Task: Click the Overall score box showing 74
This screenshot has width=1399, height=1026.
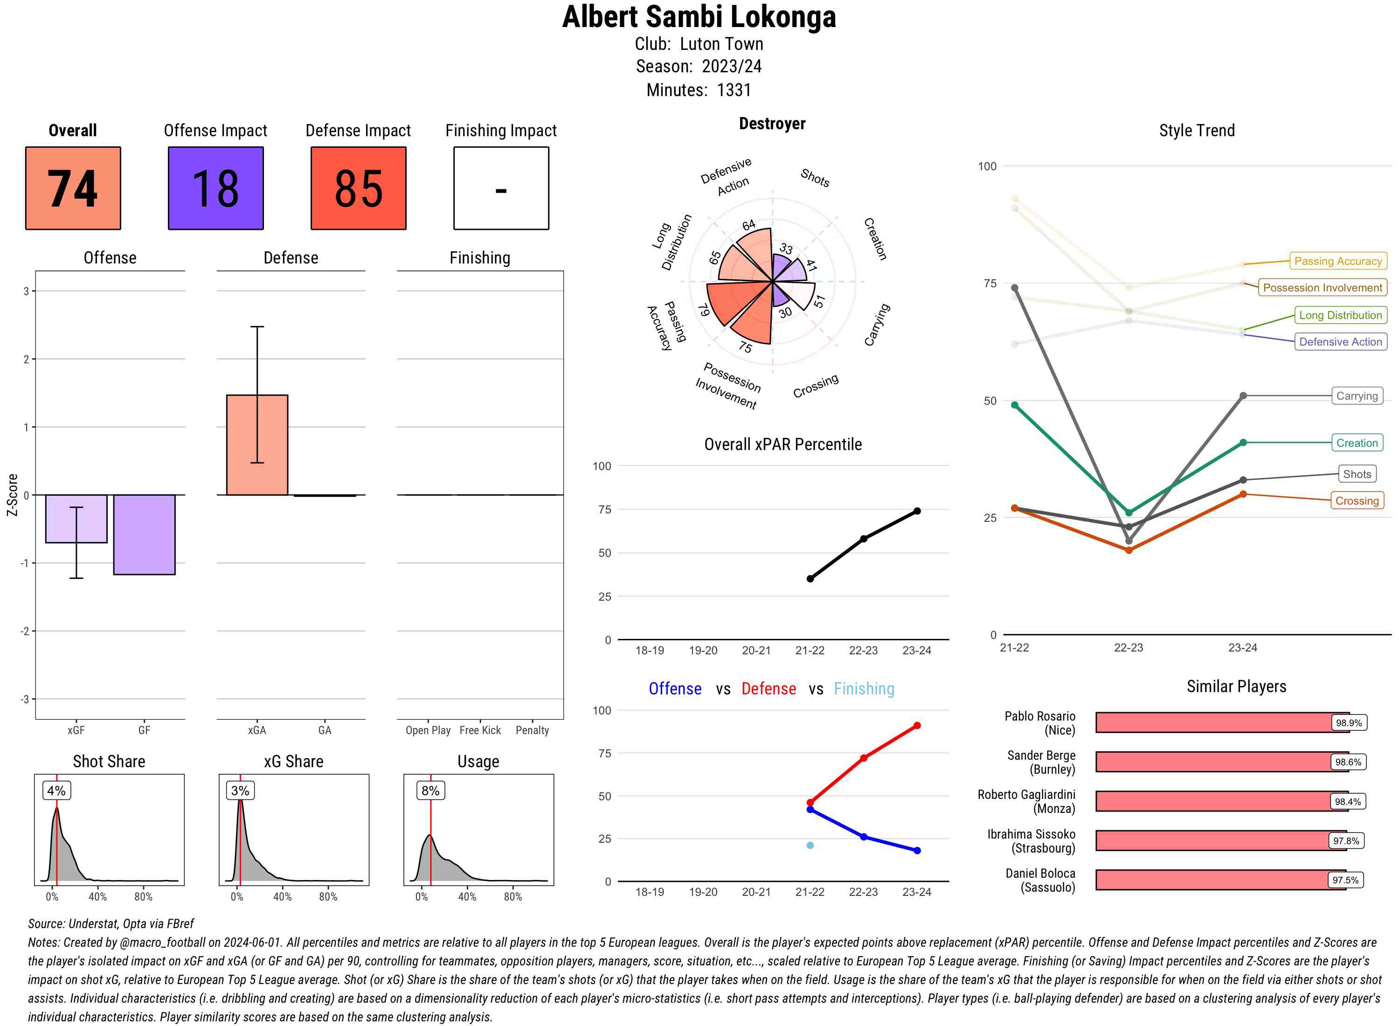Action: [73, 188]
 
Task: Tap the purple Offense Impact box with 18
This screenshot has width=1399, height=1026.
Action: [215, 188]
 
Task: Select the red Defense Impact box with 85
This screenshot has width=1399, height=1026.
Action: [358, 188]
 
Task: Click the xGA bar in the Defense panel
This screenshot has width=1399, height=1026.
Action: [257, 445]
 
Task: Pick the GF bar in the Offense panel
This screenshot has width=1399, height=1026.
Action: [144, 534]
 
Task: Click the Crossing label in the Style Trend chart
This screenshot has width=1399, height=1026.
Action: [1357, 500]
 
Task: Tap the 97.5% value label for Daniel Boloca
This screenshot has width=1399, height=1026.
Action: [1345, 880]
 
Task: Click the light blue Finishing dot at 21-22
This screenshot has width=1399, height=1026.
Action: [810, 845]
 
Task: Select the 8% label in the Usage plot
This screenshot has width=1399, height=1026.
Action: [430, 790]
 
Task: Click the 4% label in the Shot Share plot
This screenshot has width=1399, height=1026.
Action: [56, 790]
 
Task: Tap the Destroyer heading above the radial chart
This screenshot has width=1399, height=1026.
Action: [772, 124]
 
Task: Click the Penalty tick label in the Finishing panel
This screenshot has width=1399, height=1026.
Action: [532, 730]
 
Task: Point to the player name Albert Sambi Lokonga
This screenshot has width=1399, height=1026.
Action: [699, 17]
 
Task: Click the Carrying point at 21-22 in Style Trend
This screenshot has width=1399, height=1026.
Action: [1015, 288]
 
